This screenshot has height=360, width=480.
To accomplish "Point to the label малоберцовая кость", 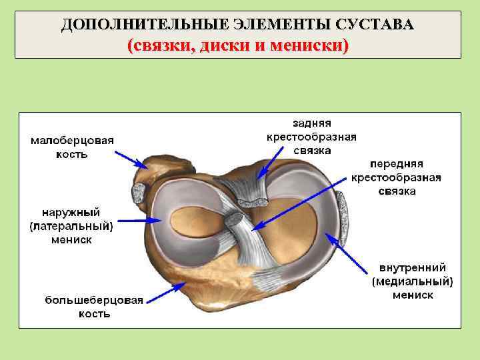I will pyautogui.click(x=72, y=147).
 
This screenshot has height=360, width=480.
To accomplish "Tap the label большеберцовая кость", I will pyautogui.click(x=94, y=307).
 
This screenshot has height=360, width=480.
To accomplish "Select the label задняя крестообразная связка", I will pyautogui.click(x=311, y=137).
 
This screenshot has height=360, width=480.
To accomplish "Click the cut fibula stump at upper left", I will pyautogui.click(x=141, y=193).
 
